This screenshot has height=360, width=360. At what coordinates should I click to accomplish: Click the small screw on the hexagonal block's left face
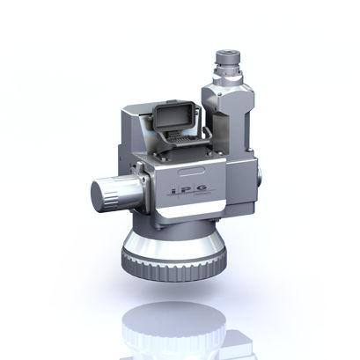tap(212, 92)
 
